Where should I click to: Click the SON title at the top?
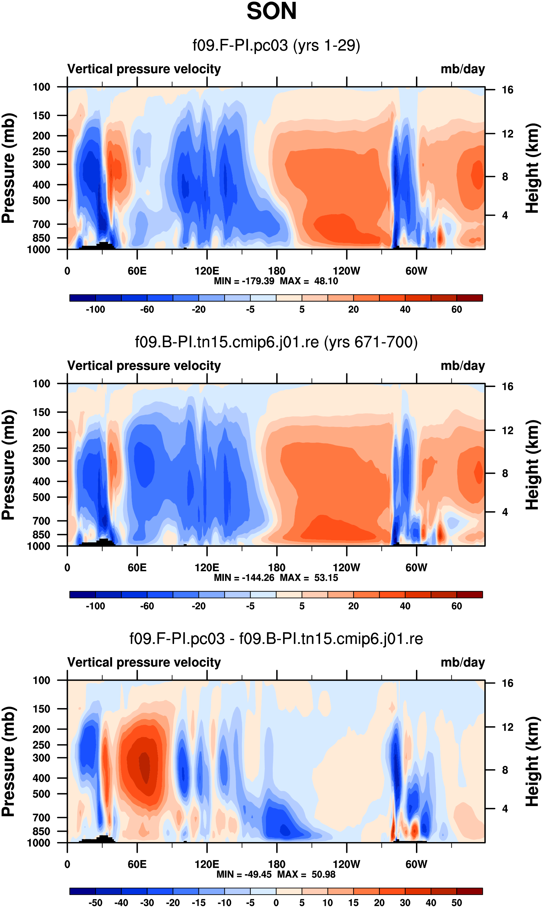[x=271, y=11]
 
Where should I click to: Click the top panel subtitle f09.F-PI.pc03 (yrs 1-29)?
[x=276, y=45]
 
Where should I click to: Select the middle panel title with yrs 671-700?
[x=276, y=342]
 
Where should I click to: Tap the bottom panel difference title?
[x=276, y=639]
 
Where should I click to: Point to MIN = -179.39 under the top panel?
[x=244, y=281]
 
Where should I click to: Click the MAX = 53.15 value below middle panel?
[x=309, y=578]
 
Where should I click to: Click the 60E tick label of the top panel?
[x=137, y=271]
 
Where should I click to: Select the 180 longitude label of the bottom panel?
[x=277, y=864]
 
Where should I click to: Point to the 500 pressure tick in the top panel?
[x=41, y=201]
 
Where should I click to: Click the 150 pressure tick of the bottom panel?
[x=41, y=709]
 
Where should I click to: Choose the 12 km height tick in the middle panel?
[x=508, y=431]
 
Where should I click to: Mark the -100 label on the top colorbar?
[x=96, y=310]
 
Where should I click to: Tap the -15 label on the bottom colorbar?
[x=199, y=903]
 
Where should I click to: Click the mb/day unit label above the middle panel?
[x=462, y=366]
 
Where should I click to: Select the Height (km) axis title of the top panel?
[x=532, y=168]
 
